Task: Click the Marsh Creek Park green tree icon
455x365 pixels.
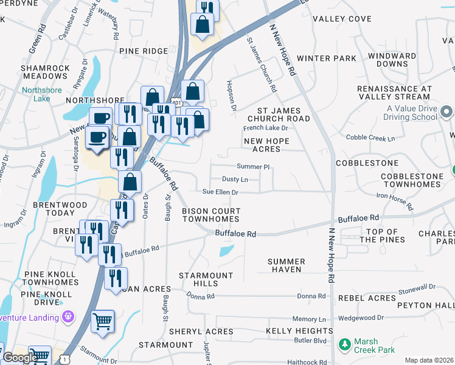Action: pos(345,346)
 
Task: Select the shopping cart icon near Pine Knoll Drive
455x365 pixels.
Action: pos(102,321)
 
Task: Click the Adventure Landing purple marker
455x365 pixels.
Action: pos(68,317)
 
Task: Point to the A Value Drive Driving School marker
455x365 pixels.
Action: pos(446,112)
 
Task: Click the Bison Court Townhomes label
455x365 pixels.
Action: pos(211,215)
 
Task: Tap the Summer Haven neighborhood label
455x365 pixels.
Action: pos(287,265)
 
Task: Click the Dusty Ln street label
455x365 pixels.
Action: pos(235,179)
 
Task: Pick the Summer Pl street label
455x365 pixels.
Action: pos(253,166)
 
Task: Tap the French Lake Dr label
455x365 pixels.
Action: pos(265,128)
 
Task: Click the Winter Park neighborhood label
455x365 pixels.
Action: pos(327,59)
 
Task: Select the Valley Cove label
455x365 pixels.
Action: pos(342,19)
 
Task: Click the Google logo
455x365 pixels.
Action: pos(20,358)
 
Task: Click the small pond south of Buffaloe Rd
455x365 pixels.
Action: pos(226,250)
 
